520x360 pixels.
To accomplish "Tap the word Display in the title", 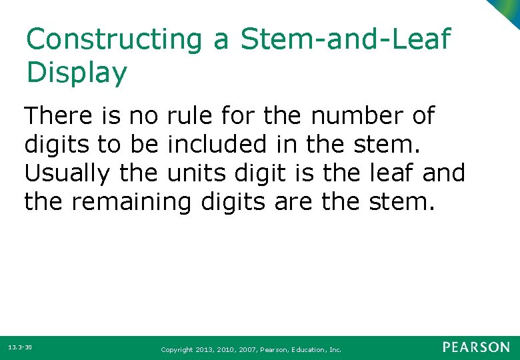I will pyautogui.click(x=76, y=73).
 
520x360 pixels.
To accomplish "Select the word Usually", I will pyautogui.click(x=67, y=173).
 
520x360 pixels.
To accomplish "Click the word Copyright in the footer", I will pyautogui.click(x=178, y=349).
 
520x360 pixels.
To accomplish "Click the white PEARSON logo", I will pyautogui.click(x=475, y=347).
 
